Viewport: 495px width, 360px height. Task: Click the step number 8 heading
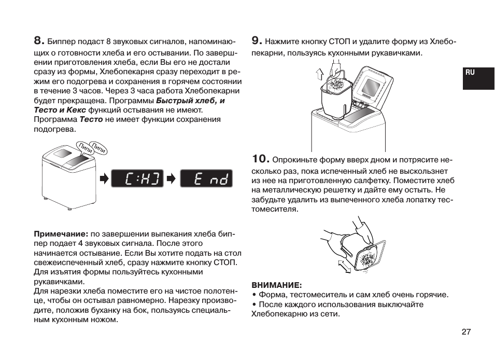coord(39,40)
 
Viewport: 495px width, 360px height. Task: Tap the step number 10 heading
coord(261,158)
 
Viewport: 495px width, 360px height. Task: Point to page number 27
coord(466,332)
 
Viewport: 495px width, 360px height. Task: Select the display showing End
coord(206,179)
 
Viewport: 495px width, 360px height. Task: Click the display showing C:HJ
coord(137,179)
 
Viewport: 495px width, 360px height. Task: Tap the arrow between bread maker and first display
coord(104,179)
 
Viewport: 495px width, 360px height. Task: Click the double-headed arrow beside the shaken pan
coord(344,267)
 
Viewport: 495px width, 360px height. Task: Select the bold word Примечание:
coord(61,234)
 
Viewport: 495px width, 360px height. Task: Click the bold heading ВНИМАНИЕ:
coord(277,285)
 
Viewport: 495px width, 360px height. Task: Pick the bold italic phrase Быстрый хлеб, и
coord(190,101)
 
